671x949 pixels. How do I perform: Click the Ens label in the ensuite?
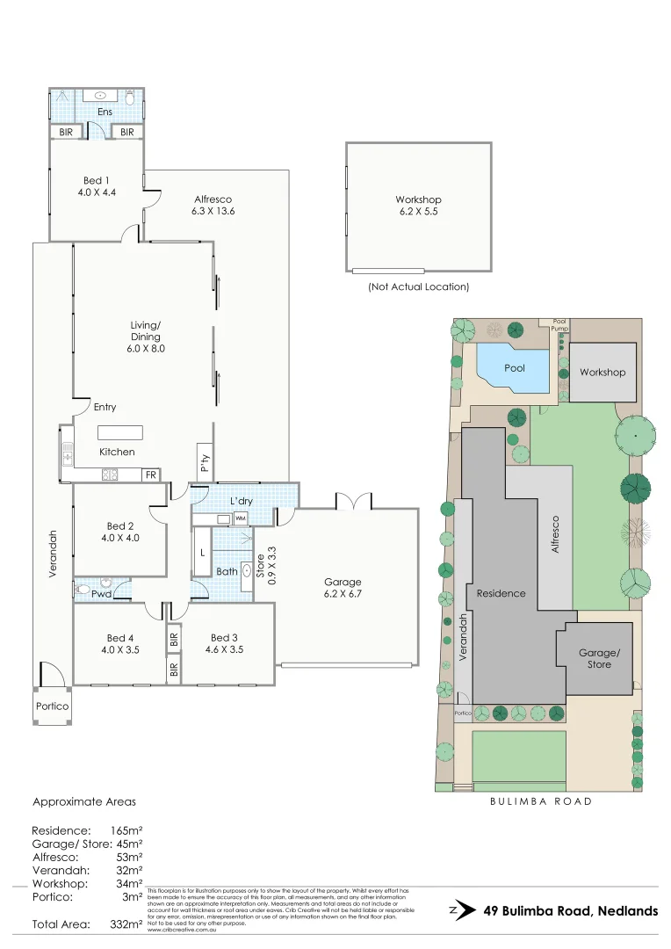[105, 112]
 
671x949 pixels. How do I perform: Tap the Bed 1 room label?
[96, 185]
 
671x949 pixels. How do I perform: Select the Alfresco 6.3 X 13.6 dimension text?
[213, 206]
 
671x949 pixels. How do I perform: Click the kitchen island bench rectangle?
[120, 432]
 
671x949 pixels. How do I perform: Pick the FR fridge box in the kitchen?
[151, 474]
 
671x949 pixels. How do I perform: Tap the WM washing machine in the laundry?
[240, 518]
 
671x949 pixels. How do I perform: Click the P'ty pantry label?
[205, 461]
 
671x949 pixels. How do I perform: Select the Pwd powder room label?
[102, 594]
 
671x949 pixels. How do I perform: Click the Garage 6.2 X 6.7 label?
[342, 588]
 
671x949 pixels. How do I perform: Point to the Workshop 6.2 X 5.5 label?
[418, 206]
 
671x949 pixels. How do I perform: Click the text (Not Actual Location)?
[418, 286]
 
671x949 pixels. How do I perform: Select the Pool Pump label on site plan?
[559, 325]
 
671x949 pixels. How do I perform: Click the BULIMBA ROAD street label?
[541, 801]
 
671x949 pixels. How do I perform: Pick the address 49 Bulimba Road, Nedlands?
[571, 911]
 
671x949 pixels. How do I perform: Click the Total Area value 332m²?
[125, 924]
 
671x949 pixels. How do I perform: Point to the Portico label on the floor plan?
[52, 706]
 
